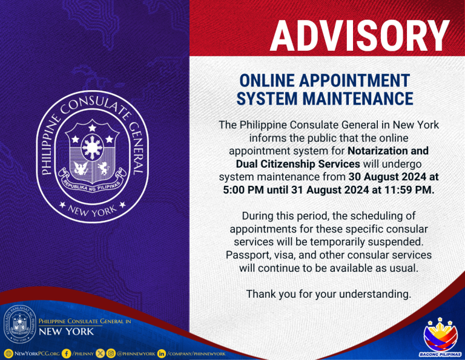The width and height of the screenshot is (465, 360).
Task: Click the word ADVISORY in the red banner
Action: click(x=360, y=36)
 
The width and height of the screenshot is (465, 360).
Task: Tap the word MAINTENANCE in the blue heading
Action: click(x=358, y=99)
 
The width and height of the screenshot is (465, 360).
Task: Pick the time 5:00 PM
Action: click(x=243, y=190)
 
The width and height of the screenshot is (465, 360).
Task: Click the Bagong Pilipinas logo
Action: click(x=440, y=337)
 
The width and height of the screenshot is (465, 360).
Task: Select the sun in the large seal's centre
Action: click(x=93, y=147)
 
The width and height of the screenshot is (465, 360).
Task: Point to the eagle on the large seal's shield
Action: click(x=81, y=168)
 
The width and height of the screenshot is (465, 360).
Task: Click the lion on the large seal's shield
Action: click(x=103, y=168)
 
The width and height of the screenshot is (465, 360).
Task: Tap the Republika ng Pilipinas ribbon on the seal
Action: click(x=92, y=181)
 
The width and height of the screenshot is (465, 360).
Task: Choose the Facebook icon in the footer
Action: click(x=67, y=353)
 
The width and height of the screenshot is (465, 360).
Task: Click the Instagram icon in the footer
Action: click(x=111, y=353)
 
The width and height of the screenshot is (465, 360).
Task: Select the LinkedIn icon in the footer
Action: click(x=161, y=353)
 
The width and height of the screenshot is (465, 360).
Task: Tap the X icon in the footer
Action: click(x=101, y=353)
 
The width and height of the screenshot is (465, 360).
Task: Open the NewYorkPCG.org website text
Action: click(x=37, y=353)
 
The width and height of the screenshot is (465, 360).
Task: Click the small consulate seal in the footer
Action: click(x=20, y=324)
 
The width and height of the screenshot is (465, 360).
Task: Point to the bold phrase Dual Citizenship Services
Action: click(x=298, y=164)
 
